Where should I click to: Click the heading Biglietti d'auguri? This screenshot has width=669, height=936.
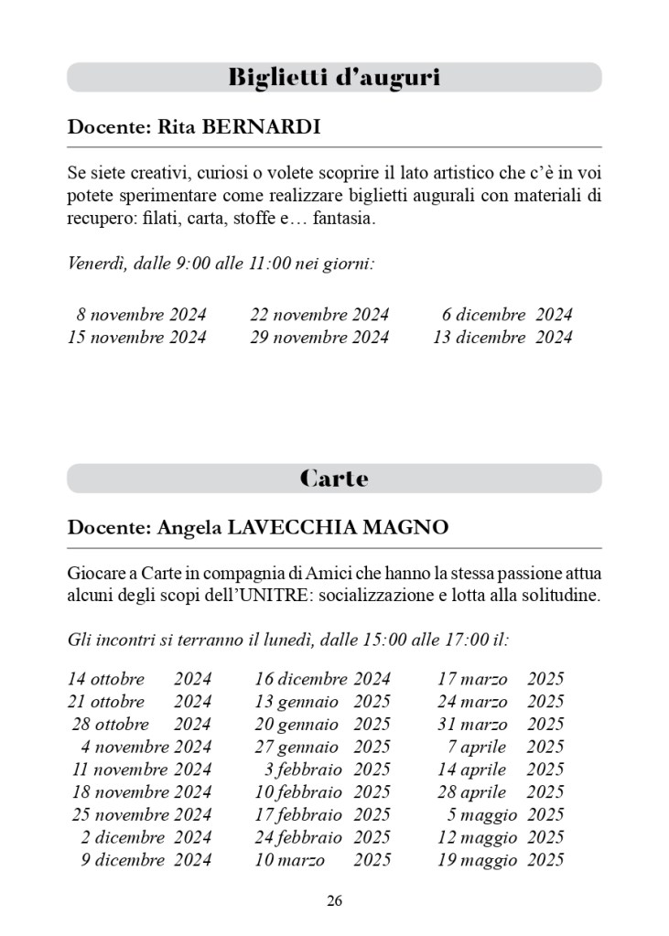pyautogui.click(x=334, y=78)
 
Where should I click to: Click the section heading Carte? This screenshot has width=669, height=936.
pyautogui.click(x=334, y=479)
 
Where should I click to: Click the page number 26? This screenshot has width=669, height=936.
pyautogui.click(x=334, y=901)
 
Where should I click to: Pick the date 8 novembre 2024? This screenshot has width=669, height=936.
pyautogui.click(x=142, y=315)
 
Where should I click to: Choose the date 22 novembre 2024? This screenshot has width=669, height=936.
pyautogui.click(x=319, y=315)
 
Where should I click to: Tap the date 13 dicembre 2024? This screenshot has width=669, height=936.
pyautogui.click(x=502, y=338)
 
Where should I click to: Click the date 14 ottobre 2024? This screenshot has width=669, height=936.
pyautogui.click(x=139, y=680)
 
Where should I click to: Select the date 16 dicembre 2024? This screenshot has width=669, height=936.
pyautogui.click(x=322, y=680)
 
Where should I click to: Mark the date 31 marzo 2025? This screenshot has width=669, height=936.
pyautogui.click(x=501, y=725)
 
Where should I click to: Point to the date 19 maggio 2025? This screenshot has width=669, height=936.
pyautogui.click(x=501, y=860)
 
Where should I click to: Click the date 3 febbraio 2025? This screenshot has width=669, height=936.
pyautogui.click(x=327, y=769)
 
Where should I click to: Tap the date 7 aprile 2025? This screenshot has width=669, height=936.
pyautogui.click(x=505, y=748)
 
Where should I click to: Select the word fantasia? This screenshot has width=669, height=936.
pyautogui.click(x=343, y=221)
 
